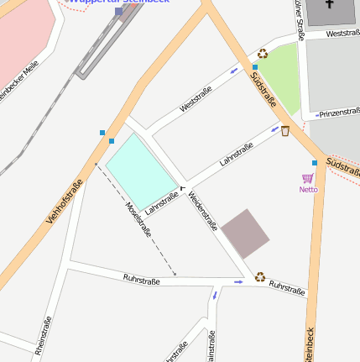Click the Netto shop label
click(308, 189)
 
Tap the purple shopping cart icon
click(308, 178)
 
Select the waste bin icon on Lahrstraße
click(285, 130)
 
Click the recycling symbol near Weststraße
click(263, 54)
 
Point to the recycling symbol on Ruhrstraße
click(260, 275)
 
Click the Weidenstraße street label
click(204, 211)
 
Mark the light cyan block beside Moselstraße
click(141, 169)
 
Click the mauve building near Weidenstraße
click(245, 233)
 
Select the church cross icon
click(326, 8)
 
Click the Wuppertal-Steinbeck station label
click(118, 2)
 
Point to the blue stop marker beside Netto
click(315, 162)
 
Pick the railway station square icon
click(119, 12)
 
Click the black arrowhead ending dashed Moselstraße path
click(175, 273)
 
